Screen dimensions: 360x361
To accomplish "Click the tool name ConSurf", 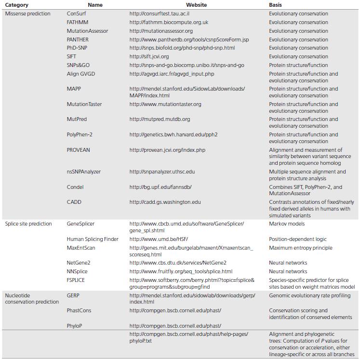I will coord(77,13).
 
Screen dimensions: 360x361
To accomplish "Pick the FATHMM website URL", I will coord(169,22).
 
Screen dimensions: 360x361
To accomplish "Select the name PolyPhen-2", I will coord(80,134).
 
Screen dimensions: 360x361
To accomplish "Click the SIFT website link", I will coord(149,56).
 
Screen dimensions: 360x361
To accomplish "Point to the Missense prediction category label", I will coord(27,13).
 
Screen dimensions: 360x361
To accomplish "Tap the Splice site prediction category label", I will coord(28,224).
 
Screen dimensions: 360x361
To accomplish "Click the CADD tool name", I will coord(74,202).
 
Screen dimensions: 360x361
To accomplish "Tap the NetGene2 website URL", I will coord(178,263).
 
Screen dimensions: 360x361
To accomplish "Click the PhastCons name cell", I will coord(79,310).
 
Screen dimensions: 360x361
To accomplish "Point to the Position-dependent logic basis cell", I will coord(297,239).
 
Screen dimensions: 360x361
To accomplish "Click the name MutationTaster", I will coord(84,104).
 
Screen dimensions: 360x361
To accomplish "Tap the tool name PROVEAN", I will coord(79,150).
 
